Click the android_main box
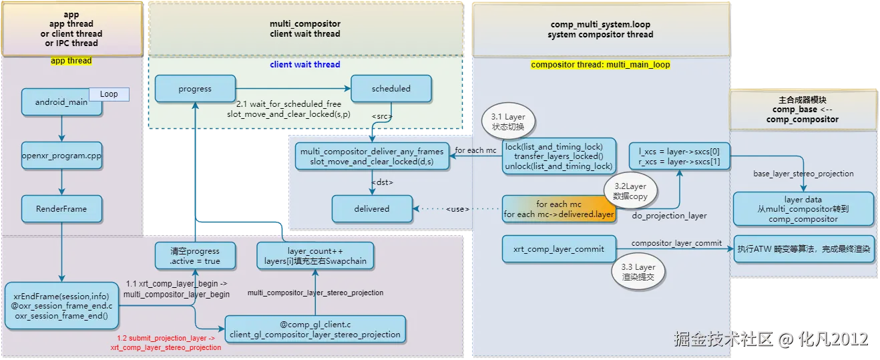61,102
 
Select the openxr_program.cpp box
61,156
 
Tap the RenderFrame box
61,209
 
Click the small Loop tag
109,95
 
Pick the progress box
195,89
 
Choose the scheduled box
391,89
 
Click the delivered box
372,209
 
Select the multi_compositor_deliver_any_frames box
372,156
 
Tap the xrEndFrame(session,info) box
61,306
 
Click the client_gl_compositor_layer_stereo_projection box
315,329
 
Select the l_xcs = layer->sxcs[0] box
679,156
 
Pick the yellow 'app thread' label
71,61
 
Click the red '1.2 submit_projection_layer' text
166,343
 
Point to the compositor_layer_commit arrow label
676,243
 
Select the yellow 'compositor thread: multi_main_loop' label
600,65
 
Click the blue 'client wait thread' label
305,65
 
